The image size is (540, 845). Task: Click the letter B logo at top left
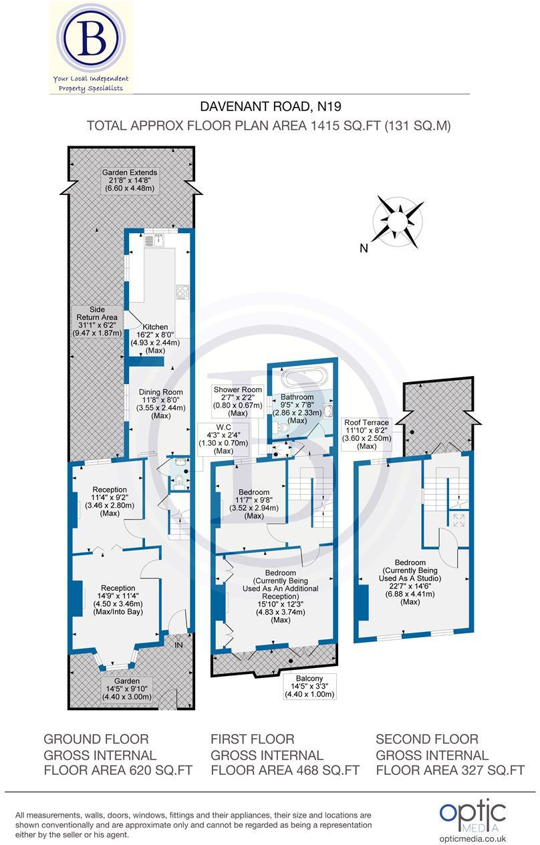tap(90, 39)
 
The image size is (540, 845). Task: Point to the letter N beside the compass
tap(364, 248)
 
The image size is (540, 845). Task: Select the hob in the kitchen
tap(181, 292)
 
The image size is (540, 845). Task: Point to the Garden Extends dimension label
tap(130, 180)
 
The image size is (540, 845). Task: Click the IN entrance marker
tap(178, 645)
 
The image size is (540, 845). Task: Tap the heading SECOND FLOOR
tap(427, 739)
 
